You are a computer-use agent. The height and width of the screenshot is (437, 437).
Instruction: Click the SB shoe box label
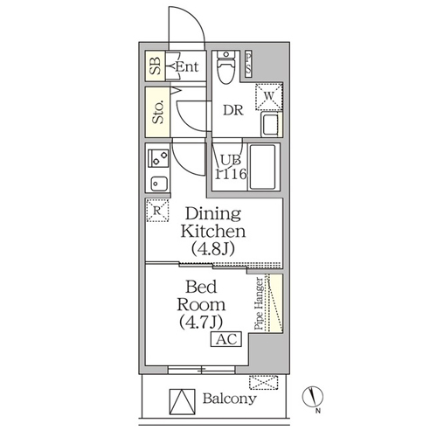click(156, 66)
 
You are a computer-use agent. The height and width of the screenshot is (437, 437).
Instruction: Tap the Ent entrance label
click(187, 66)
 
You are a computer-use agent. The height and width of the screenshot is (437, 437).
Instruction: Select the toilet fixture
click(225, 67)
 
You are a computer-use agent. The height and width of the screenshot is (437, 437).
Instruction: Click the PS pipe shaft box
click(248, 64)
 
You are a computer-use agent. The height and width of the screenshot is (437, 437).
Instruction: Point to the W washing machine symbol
click(269, 97)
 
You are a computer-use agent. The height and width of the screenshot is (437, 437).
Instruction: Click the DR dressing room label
click(233, 110)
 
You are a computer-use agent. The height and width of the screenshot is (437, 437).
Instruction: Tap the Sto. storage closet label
click(158, 112)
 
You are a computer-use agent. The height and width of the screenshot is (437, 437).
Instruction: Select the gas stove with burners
click(158, 158)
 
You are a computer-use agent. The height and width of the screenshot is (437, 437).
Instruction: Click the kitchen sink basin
click(159, 184)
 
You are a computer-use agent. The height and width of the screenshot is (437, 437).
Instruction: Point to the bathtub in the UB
click(263, 167)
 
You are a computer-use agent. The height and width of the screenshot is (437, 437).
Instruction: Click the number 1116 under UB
click(231, 174)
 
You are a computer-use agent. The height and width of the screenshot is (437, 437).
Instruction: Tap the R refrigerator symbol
click(157, 211)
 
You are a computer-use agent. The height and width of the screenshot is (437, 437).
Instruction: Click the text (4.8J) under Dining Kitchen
click(213, 248)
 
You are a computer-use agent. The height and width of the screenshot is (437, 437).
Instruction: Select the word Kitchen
click(213, 232)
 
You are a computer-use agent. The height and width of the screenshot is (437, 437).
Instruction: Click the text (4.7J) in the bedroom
click(201, 322)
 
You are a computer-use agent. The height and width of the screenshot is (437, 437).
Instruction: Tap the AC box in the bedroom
click(226, 339)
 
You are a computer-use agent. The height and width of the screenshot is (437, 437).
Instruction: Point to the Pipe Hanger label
click(259, 303)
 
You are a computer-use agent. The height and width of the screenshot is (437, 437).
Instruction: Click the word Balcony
click(230, 399)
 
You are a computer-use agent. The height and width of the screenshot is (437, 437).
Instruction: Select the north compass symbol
click(313, 397)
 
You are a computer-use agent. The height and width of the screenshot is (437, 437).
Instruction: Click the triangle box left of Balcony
click(182, 402)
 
